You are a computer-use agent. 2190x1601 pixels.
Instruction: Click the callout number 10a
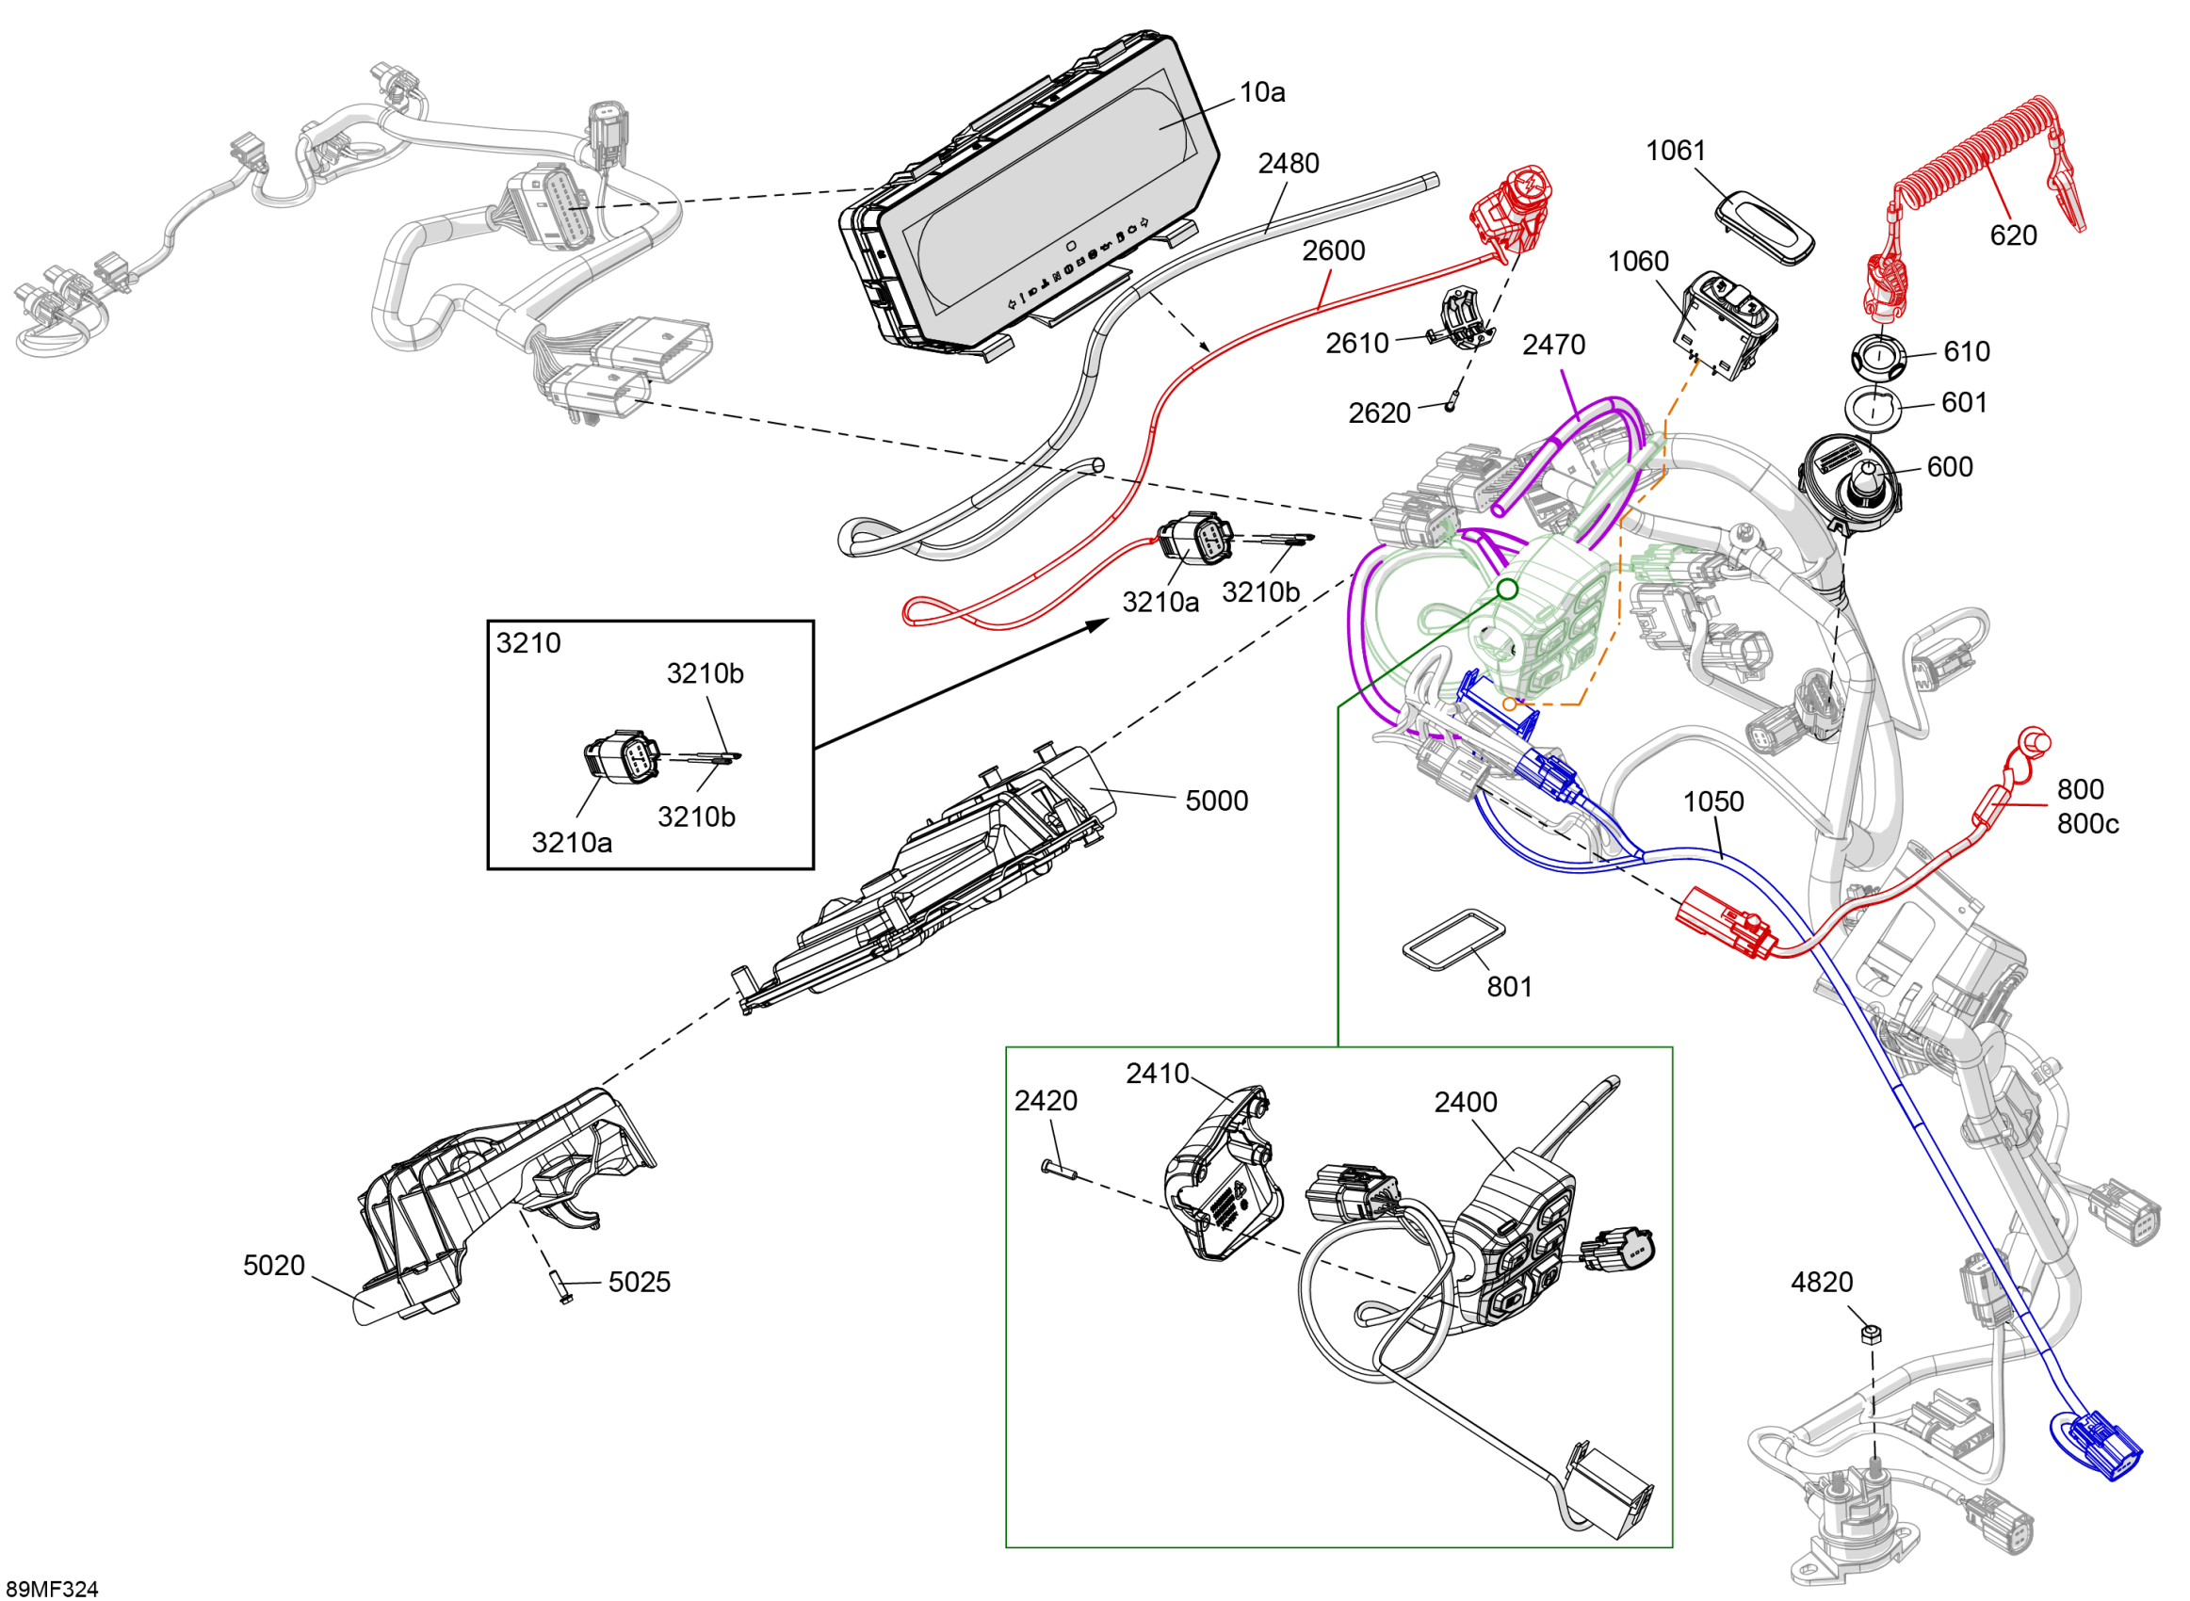(1261, 93)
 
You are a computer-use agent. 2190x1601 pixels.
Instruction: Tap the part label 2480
(1288, 164)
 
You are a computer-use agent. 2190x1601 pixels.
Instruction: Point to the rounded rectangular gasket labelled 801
(1453, 938)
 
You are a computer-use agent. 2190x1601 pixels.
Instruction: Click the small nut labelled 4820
(1872, 1334)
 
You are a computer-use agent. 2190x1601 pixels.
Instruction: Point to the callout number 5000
(1216, 801)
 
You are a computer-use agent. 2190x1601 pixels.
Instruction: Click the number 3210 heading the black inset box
(528, 643)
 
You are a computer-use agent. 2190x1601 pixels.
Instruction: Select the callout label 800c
(2087, 824)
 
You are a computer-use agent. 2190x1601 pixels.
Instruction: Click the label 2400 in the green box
(1465, 1102)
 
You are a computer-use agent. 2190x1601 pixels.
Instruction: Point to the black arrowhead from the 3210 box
(1099, 624)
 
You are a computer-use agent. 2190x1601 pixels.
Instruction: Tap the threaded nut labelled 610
(1878, 356)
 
